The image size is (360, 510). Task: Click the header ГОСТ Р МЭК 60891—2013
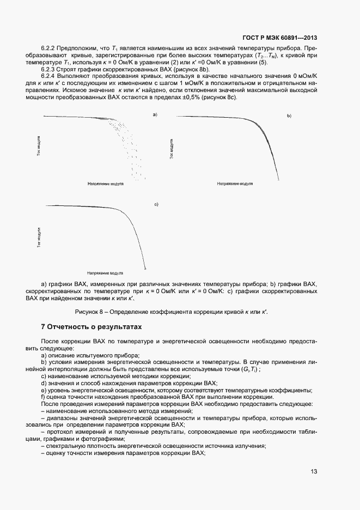coord(280,38)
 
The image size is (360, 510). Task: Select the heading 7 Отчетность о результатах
coord(91,327)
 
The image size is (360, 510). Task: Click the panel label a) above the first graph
coord(155,114)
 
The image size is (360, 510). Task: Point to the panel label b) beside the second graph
coord(290,116)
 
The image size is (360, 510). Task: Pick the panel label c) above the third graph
coord(156,204)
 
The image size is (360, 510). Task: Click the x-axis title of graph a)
coord(105,184)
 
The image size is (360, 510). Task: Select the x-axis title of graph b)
coord(235,184)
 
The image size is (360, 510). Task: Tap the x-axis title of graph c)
coord(105,273)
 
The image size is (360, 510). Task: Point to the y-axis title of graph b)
coord(172,148)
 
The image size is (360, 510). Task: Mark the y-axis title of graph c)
coord(39,238)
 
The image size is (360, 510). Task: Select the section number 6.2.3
coord(50,69)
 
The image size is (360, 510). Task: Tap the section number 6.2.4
coord(50,76)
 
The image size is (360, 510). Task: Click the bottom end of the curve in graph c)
coord(144,268)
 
